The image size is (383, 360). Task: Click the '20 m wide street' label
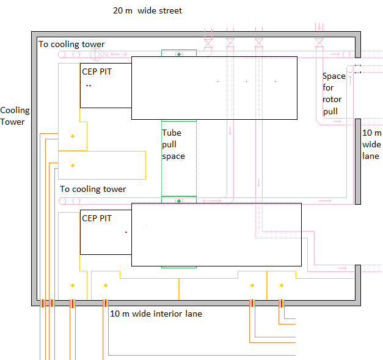[x=147, y=10]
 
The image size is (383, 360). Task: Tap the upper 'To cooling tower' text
[x=71, y=44]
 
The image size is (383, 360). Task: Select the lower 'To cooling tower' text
[x=93, y=189]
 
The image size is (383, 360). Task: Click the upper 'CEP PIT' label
[x=97, y=71]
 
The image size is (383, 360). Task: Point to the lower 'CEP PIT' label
[x=97, y=218]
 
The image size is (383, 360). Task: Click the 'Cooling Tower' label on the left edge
[x=15, y=116]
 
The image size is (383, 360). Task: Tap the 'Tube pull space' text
[x=173, y=144]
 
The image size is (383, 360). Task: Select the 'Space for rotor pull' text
[x=334, y=94]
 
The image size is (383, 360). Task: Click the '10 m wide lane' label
[x=372, y=144]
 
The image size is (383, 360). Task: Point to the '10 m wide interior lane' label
[x=156, y=314]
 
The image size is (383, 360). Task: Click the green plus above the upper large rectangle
[x=179, y=54]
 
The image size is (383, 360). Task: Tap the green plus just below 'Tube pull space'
[x=179, y=200]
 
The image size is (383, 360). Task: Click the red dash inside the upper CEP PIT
[x=89, y=86]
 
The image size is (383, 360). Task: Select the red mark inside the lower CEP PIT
[x=126, y=232]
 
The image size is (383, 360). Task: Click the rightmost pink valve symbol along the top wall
[x=319, y=43]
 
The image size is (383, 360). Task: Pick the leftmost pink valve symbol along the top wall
[x=208, y=43]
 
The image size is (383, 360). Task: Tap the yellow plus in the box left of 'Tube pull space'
[x=73, y=165]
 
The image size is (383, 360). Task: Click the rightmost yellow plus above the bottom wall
[x=282, y=285]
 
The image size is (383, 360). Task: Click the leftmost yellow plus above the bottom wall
[x=73, y=285]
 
